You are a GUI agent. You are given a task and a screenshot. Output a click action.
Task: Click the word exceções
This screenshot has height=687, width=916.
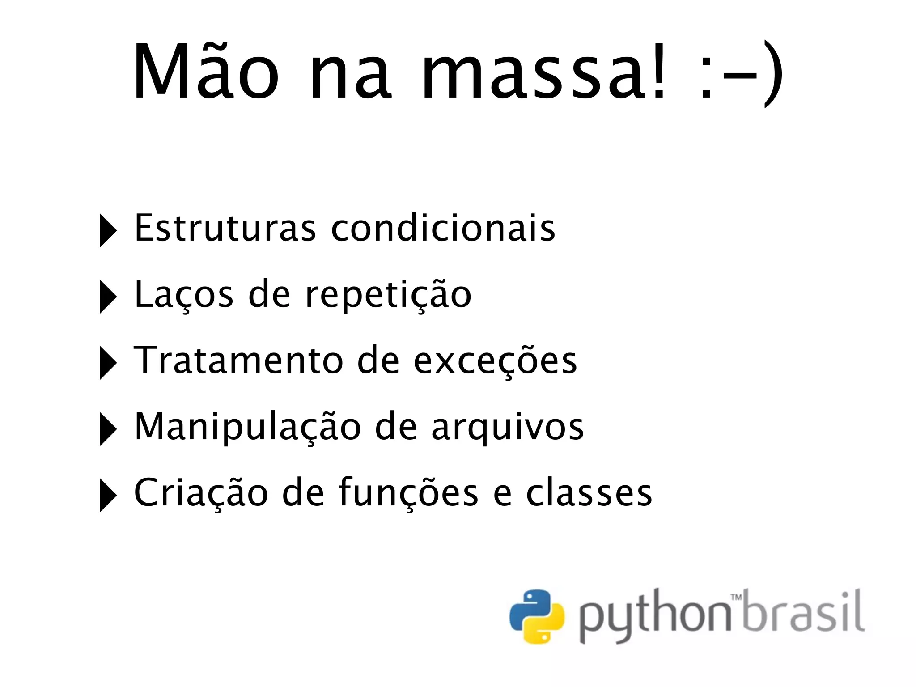[x=495, y=361]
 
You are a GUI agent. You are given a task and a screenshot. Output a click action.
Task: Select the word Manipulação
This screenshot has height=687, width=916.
[x=247, y=428]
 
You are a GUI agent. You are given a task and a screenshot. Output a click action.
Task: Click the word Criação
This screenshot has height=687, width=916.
[x=201, y=494]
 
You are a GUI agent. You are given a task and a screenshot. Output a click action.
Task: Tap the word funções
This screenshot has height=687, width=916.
[x=408, y=494]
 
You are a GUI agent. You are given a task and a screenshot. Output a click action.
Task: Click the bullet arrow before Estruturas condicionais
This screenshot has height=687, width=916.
[x=107, y=231]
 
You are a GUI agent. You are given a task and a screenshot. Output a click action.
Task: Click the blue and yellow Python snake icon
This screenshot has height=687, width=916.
[x=537, y=617]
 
